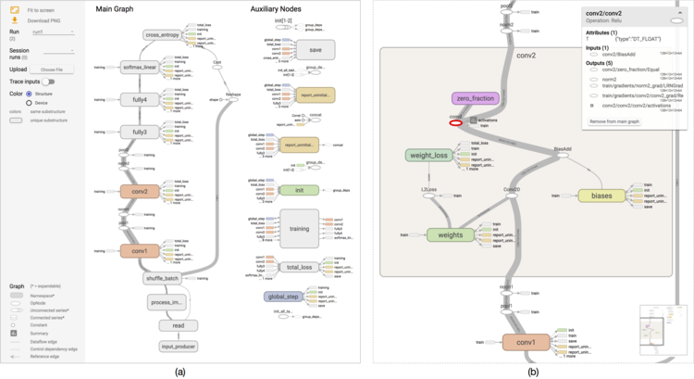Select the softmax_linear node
pos(140,67)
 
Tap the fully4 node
pos(140,100)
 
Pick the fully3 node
pos(140,133)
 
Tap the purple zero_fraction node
pos(476,97)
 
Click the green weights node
pos(450,235)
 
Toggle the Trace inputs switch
pos(47,82)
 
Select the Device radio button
pos(30,103)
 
